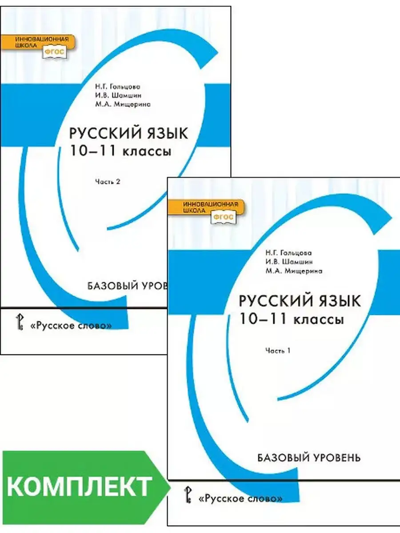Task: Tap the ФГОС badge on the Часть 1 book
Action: click(x=224, y=217)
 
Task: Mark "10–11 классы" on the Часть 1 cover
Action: click(x=291, y=319)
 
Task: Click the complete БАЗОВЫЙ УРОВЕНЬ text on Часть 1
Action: click(x=309, y=457)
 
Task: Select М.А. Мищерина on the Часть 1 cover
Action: click(x=293, y=270)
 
